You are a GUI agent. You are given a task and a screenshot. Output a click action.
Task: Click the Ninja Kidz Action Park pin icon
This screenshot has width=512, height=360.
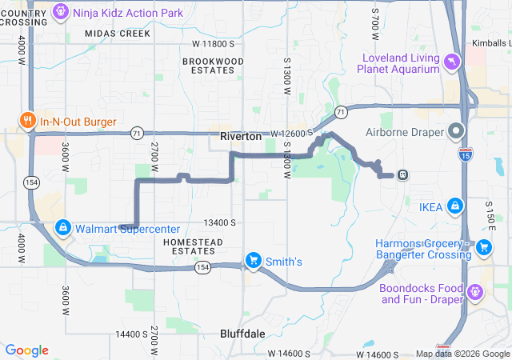pyautogui.click(x=61, y=13)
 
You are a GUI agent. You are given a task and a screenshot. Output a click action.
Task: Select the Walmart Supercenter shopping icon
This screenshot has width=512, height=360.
pyautogui.click(x=62, y=228)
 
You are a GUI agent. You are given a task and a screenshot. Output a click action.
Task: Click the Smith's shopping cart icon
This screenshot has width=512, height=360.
pyautogui.click(x=254, y=261)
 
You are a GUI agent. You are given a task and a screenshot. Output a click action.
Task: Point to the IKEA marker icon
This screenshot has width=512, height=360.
pyautogui.click(x=455, y=206)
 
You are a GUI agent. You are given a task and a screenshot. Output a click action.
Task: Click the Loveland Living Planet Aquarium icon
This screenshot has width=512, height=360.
pyautogui.click(x=454, y=62)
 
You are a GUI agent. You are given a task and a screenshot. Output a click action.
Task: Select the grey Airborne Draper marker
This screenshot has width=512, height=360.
pyautogui.click(x=457, y=130)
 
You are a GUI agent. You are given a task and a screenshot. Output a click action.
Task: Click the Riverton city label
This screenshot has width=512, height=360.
pyautogui.click(x=241, y=138)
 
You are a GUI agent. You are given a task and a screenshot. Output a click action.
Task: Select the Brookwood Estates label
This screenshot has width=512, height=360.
pyautogui.click(x=213, y=66)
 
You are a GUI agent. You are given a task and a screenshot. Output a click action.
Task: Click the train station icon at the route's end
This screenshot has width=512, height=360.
pyautogui.click(x=403, y=174)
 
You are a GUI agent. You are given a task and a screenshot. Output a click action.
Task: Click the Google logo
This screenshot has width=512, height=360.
pyautogui.click(x=26, y=350)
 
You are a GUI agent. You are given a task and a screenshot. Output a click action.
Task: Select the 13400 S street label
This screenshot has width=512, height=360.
pyautogui.click(x=220, y=222)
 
